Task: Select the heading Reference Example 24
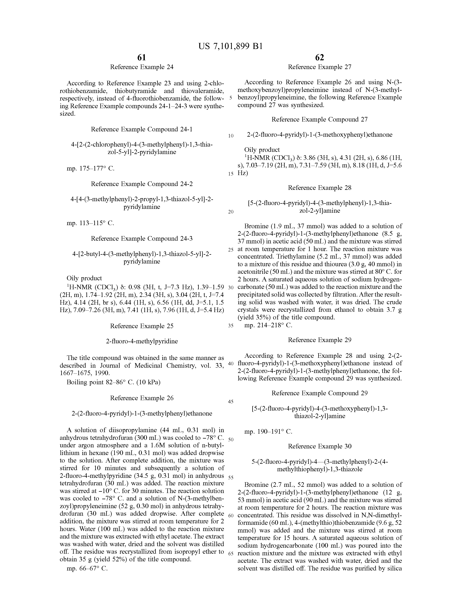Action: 142,67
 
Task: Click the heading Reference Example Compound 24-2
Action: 142,184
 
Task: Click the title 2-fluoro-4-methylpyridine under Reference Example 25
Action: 142,341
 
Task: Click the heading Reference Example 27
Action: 319,67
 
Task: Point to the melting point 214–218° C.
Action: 268,325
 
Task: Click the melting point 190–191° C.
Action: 268,432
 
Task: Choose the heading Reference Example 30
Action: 319,446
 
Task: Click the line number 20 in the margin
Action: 231,212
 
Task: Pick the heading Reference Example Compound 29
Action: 319,393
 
